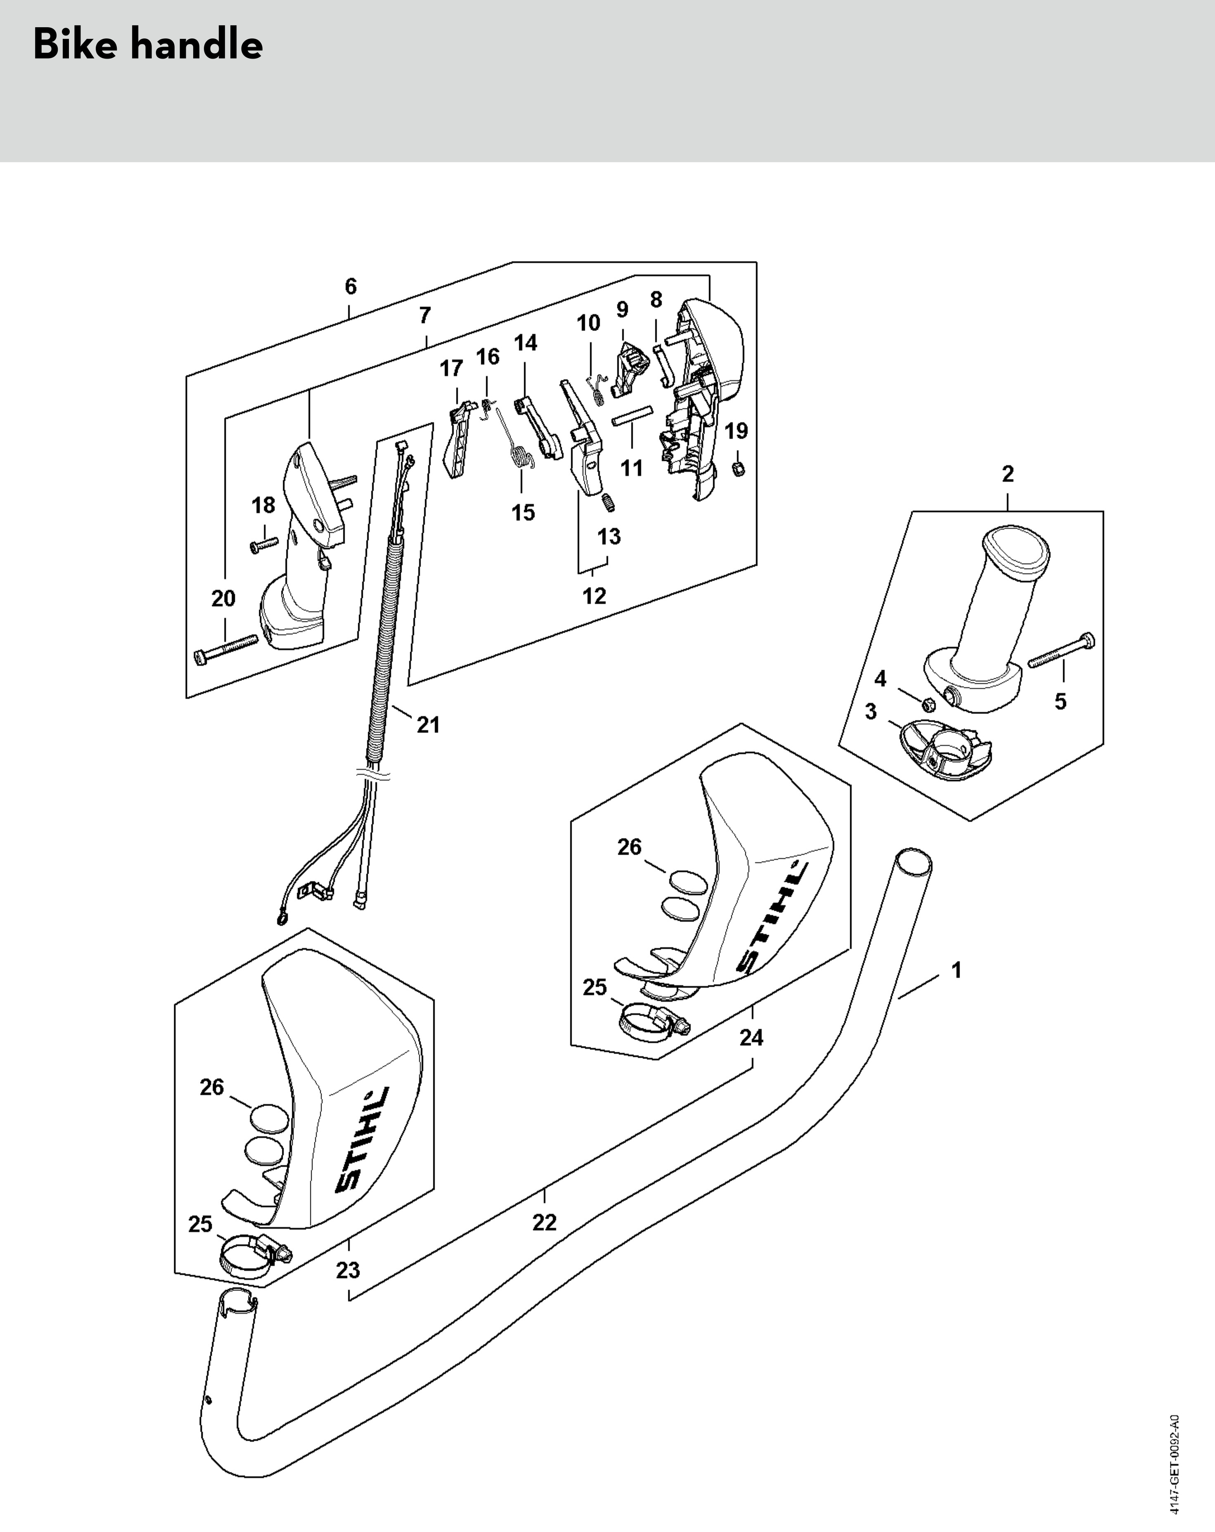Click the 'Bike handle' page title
148,45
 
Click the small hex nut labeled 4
927,704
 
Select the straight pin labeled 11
632,415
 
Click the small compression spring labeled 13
609,504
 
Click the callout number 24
751,1038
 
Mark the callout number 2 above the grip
1007,474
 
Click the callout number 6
350,286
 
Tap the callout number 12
594,596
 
